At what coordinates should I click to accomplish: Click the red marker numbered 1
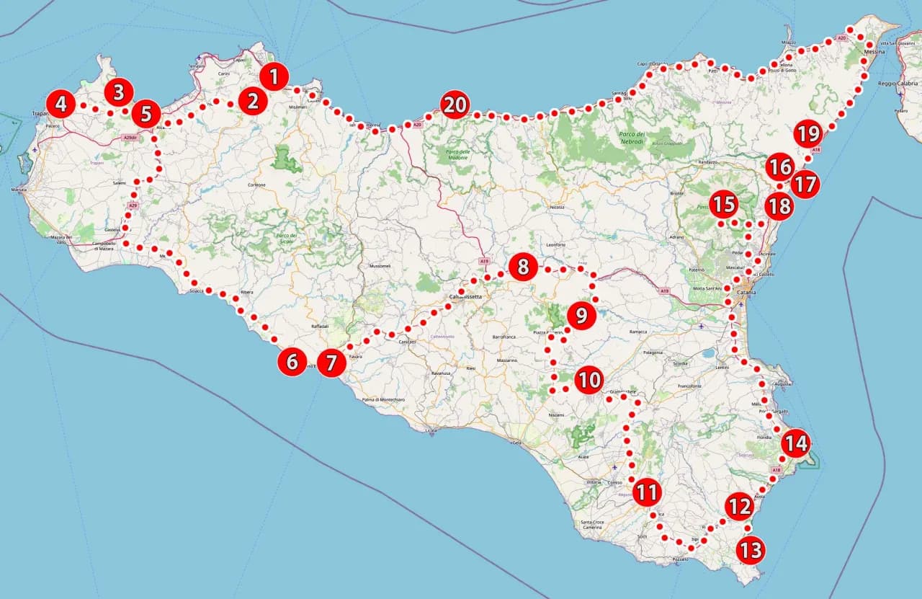274,76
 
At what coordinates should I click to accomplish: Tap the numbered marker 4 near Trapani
61,105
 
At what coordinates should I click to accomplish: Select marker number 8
523,267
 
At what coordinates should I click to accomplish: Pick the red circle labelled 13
750,551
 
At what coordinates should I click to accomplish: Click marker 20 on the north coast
455,105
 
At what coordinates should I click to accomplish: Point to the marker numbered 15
723,205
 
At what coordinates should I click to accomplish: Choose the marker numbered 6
292,361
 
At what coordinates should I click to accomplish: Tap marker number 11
647,493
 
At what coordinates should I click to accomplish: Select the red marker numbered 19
808,133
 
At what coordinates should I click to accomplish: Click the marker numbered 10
588,379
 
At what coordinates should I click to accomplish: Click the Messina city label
874,52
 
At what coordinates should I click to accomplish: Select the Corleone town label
256,185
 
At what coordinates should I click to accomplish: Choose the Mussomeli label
379,266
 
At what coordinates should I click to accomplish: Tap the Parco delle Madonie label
458,155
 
